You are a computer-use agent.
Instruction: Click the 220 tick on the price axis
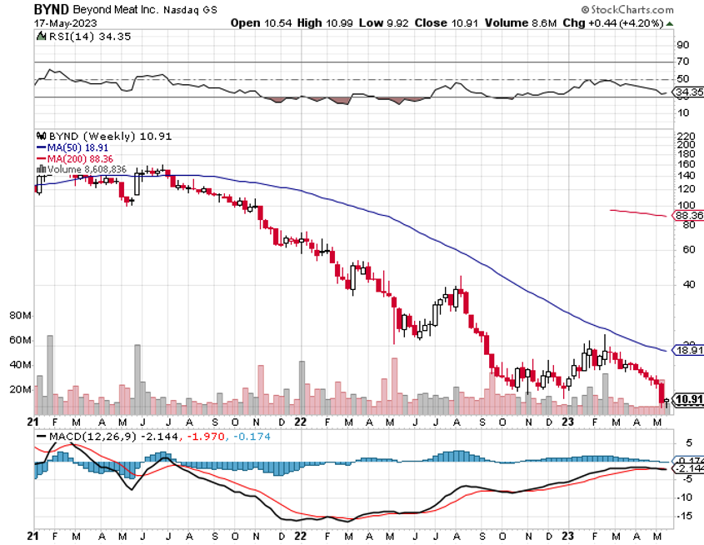(x=684, y=135)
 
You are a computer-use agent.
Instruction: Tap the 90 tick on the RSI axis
(x=682, y=44)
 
